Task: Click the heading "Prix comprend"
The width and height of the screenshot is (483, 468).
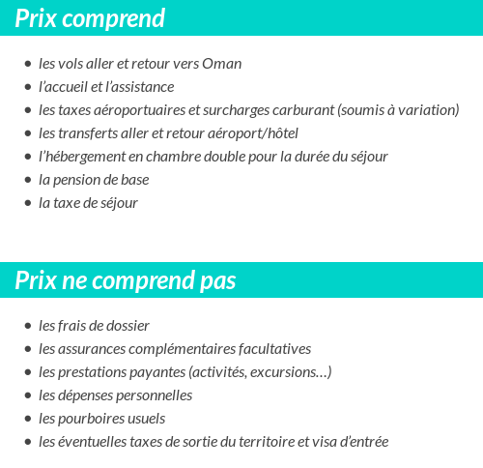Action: point(90,18)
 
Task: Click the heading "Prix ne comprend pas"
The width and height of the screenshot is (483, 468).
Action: point(126,280)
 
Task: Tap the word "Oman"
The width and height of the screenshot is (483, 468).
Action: point(222,64)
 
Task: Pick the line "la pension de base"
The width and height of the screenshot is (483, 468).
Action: point(94,180)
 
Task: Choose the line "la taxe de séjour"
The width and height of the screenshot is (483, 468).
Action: point(88,203)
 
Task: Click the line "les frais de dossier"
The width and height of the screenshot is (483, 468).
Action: point(94,326)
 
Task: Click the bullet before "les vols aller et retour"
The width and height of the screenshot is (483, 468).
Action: point(27,65)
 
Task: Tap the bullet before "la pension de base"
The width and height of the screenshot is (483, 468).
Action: point(27,181)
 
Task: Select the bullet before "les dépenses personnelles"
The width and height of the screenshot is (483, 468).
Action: point(27,396)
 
